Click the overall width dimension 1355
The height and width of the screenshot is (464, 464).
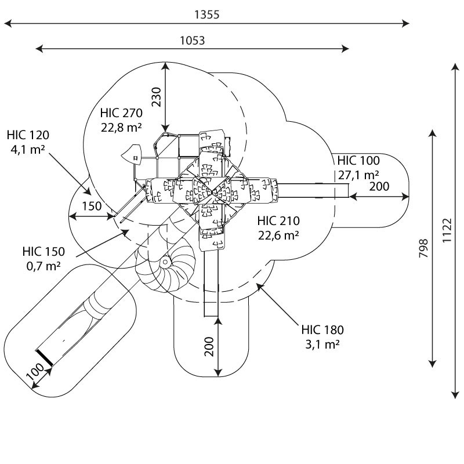tap(207, 15)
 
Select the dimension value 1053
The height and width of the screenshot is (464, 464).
tap(192, 40)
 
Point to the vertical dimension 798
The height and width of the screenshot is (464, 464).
tap(423, 249)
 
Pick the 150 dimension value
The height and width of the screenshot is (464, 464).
tap(92, 206)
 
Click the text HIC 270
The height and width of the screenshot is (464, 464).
tap(121, 113)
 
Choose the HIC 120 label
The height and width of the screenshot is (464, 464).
tap(28, 135)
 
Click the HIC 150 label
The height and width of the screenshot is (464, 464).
tap(44, 252)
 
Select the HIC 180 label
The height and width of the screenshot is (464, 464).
tap(322, 330)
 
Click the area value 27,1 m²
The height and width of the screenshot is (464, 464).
tap(358, 175)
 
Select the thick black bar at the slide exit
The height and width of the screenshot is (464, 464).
tap(44, 358)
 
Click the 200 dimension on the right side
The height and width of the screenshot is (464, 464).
tap(379, 187)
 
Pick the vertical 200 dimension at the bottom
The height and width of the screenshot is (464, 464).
tap(209, 346)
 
